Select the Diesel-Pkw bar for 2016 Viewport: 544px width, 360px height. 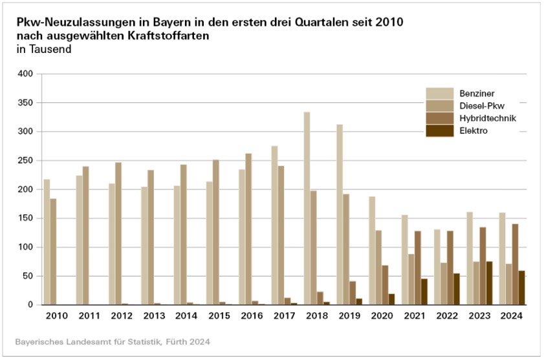pyautogui.click(x=248, y=229)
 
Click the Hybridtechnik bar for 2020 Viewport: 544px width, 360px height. pyautogui.click(x=385, y=285)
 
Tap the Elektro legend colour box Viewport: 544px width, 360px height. pyautogui.click(x=439, y=131)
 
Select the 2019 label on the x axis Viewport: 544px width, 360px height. pyautogui.click(x=349, y=316)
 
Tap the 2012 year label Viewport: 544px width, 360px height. pyautogui.click(x=122, y=316)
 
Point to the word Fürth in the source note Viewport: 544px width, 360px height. pyautogui.click(x=162, y=341)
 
